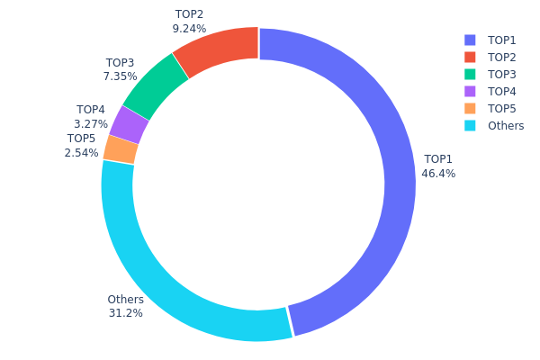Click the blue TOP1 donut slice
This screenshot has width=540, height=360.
click(399, 180)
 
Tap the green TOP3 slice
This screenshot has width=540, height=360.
click(154, 86)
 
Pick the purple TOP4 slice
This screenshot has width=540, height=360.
click(129, 125)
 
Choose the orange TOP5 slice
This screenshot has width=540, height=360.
click(120, 149)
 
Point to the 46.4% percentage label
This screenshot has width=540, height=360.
click(438, 174)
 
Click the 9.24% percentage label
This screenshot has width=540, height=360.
click(189, 29)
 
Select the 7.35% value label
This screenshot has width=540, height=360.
click(120, 77)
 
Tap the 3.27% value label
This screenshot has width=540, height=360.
click(92, 124)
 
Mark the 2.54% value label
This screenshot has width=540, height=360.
click(81, 153)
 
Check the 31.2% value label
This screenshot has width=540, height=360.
click(125, 313)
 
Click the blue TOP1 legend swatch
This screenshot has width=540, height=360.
click(470, 40)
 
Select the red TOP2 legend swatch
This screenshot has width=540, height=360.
click(470, 58)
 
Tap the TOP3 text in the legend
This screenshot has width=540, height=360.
click(502, 75)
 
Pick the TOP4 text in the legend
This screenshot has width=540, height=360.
click(502, 92)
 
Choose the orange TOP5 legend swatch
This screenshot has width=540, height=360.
click(470, 109)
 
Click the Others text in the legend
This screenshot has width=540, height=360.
click(506, 126)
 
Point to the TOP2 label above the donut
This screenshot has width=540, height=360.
click(189, 14)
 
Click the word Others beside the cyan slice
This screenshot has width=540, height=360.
click(125, 300)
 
